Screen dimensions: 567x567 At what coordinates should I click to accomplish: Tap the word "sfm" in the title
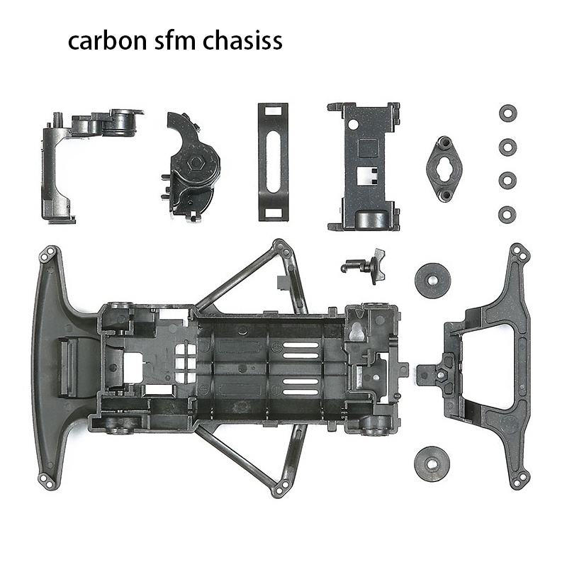tap(180, 41)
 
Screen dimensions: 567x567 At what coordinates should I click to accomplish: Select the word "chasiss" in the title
tap(242, 41)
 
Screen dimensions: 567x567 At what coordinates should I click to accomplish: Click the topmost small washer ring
tap(507, 113)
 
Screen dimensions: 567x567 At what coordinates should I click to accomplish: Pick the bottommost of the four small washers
tap(507, 213)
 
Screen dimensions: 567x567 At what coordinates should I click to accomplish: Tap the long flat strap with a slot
tap(273, 161)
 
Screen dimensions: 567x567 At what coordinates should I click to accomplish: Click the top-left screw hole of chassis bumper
tap(49, 253)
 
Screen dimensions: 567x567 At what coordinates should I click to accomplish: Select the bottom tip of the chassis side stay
tap(281, 486)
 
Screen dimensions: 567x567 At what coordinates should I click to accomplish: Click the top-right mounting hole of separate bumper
tap(520, 251)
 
